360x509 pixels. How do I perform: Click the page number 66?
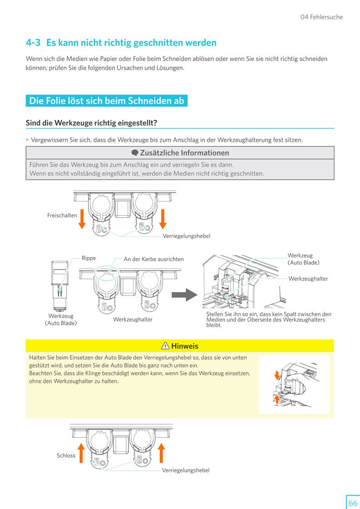pyautogui.click(x=353, y=503)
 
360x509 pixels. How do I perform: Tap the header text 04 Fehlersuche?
pyautogui.click(x=321, y=17)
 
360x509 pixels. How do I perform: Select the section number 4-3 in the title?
pyautogui.click(x=33, y=43)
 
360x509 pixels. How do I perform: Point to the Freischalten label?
pyautogui.click(x=62, y=215)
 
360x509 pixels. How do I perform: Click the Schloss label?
pyautogui.click(x=66, y=455)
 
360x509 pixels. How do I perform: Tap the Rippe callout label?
pyautogui.click(x=89, y=258)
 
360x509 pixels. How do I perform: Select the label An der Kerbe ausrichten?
pyautogui.click(x=154, y=259)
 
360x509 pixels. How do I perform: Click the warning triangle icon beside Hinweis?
pyautogui.click(x=165, y=346)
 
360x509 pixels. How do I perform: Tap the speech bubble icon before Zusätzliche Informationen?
pyautogui.click(x=134, y=153)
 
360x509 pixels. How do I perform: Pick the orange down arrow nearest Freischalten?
pyautogui.click(x=82, y=219)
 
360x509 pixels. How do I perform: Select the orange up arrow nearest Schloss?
pyautogui.click(x=81, y=453)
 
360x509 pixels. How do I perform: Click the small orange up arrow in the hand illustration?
pyautogui.click(x=277, y=399)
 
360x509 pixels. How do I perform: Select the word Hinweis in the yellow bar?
pyautogui.click(x=184, y=346)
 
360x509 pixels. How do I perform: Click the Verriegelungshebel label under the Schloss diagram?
pyautogui.click(x=186, y=470)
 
